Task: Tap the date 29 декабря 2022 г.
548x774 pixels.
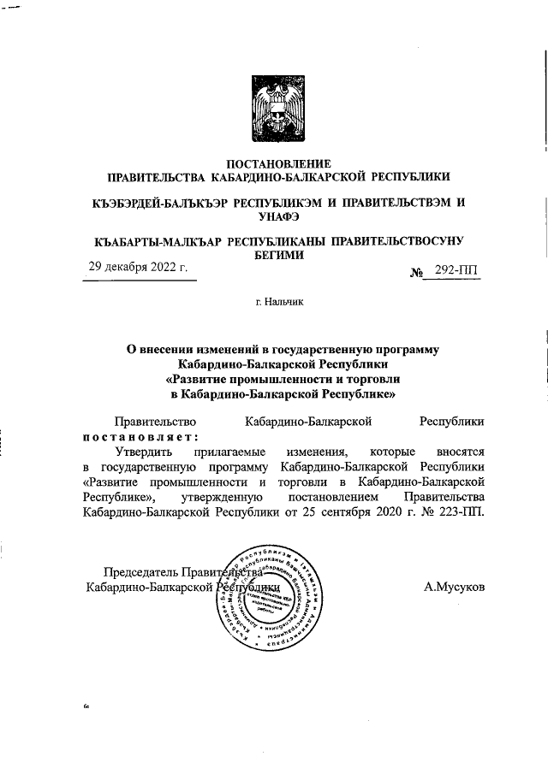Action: pos(138,268)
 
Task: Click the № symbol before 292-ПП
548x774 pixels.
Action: pos(419,273)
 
